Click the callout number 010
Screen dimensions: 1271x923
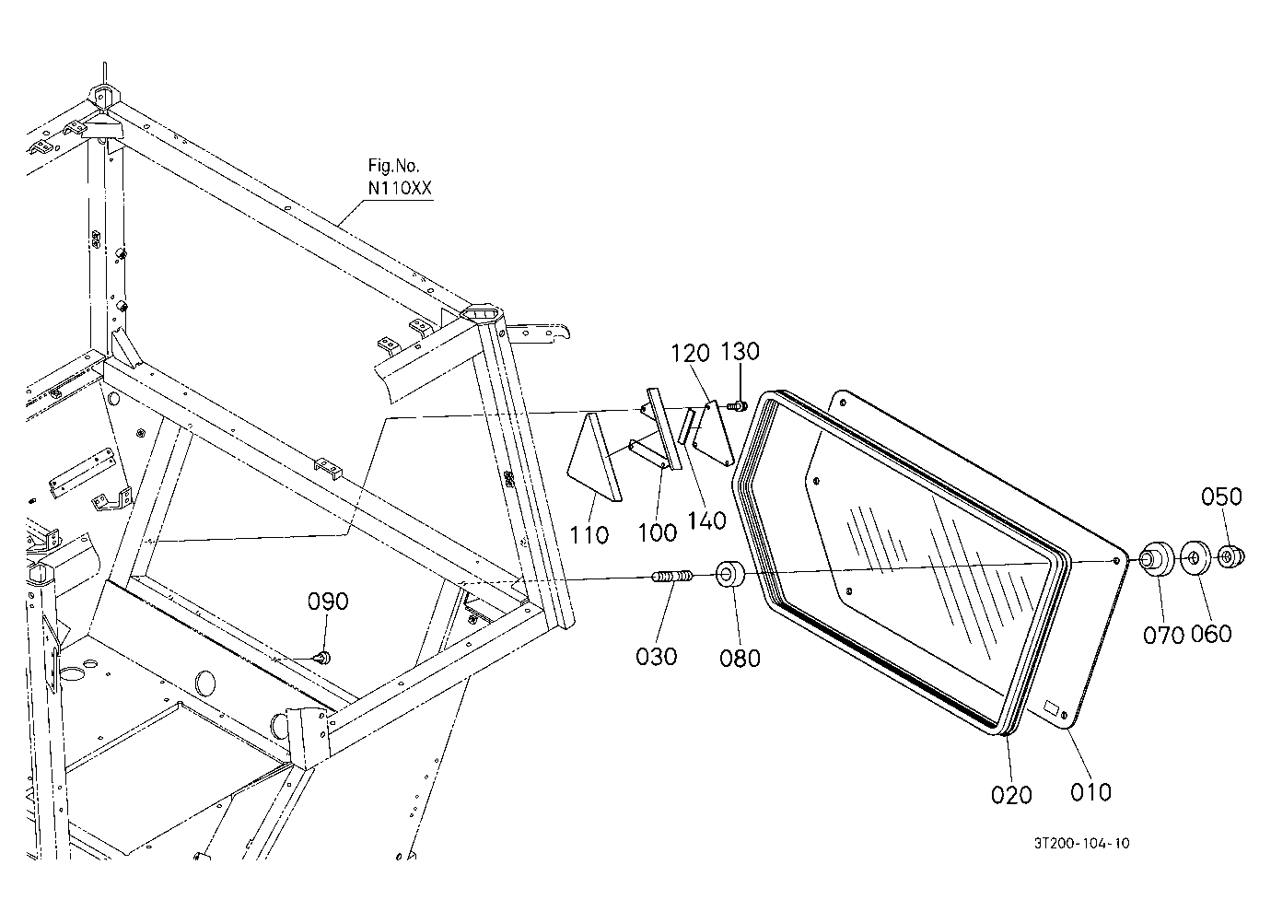point(1090,792)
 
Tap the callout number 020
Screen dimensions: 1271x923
point(1011,795)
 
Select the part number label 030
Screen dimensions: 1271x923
point(656,657)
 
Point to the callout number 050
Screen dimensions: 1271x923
point(1221,497)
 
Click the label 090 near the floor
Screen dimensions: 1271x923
point(327,602)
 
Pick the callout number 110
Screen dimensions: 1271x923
point(589,534)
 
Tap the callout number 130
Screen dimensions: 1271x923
point(740,352)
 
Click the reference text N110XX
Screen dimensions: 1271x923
point(400,188)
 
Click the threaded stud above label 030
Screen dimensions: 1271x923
point(671,576)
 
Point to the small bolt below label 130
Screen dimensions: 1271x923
point(738,406)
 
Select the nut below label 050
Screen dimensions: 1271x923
point(1230,557)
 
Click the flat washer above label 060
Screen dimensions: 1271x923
point(1195,558)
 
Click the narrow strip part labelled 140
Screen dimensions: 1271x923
point(686,426)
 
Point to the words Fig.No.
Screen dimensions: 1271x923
point(394,166)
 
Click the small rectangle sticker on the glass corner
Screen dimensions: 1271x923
point(1052,707)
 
